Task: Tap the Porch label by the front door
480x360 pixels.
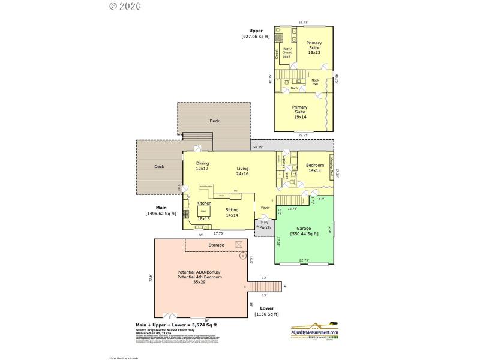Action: pos(265,227)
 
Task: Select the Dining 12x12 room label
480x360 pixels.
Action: pos(202,166)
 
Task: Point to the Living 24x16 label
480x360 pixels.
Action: pos(242,171)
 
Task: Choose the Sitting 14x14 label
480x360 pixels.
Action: pos(232,212)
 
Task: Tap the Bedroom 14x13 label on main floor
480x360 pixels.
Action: pos(314,168)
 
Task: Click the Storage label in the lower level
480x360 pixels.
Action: pos(217,245)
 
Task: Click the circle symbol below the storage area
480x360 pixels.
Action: pos(242,256)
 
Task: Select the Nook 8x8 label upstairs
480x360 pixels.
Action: pos(315,82)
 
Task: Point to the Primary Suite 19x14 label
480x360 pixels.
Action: pos(299,112)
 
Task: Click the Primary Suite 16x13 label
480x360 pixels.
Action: pos(314,47)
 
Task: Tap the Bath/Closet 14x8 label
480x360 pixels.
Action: pos(287,53)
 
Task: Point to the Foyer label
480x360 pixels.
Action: pos(265,208)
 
